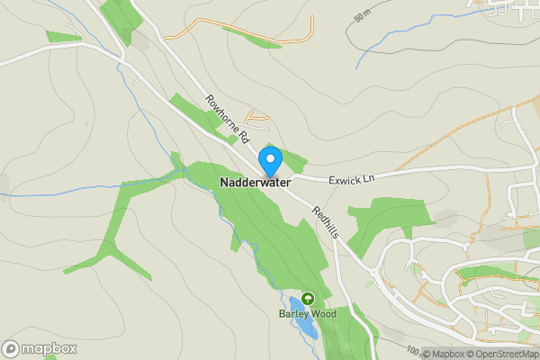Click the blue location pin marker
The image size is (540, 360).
tap(270, 160)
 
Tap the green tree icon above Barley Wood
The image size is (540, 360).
tap(308, 299)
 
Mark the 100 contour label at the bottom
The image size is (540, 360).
tap(412, 350)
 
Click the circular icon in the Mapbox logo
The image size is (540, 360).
tap(12, 348)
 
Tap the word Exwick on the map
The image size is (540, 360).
tap(345, 179)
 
